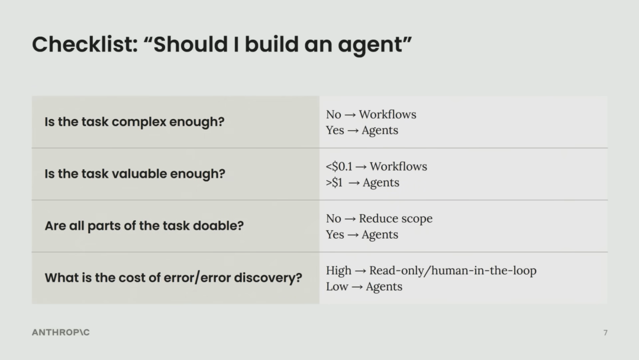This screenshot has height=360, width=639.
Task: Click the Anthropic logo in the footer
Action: coord(61,332)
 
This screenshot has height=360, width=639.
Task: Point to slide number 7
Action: coord(605,333)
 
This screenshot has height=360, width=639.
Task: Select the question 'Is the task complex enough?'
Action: coord(134,122)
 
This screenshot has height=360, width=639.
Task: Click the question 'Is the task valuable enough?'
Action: coord(135,173)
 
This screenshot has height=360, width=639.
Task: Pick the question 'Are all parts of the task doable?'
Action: coord(144,226)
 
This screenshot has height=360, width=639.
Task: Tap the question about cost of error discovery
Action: coord(173,278)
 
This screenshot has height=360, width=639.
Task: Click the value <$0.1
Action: coord(339,166)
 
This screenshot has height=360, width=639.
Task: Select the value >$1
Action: coord(334,182)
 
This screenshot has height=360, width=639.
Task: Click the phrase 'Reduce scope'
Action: coord(396,218)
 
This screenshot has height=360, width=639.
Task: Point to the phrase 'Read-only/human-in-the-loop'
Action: coord(453,271)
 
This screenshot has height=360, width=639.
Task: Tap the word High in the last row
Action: coord(338,271)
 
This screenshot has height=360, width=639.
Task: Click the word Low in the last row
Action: coord(337,287)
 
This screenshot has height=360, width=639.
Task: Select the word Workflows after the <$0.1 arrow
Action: coord(399,166)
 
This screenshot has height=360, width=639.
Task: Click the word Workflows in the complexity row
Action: coord(388,114)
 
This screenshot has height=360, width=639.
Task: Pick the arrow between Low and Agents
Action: coord(357,287)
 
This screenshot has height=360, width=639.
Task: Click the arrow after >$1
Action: coord(354,183)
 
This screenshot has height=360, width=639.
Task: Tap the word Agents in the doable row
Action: coord(380,235)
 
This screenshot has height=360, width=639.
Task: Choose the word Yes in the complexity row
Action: coord(335,130)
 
